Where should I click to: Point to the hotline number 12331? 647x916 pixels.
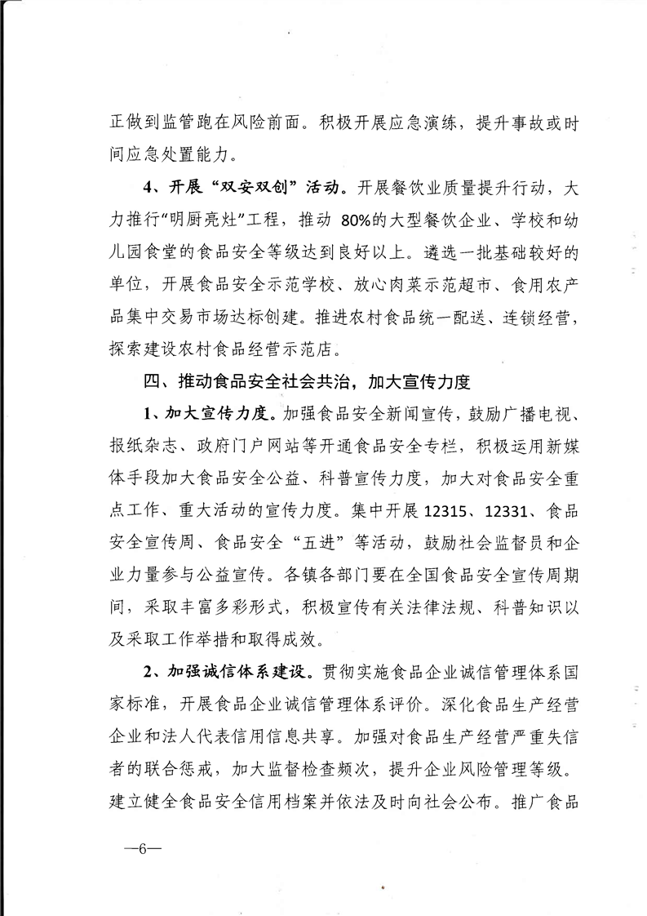coord(509,512)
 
